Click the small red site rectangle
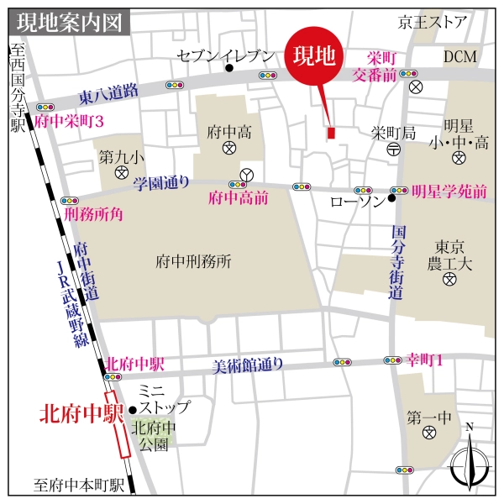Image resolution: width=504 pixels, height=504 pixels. coord(331,133)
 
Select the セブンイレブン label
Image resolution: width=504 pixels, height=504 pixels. coord(226,56)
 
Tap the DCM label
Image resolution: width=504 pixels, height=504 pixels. coord(460,56)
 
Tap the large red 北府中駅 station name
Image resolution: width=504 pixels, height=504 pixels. coord(82,413)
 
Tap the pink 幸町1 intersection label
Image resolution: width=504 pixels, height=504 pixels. coord(425,359)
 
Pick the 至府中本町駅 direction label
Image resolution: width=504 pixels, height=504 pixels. coord(80,485)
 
